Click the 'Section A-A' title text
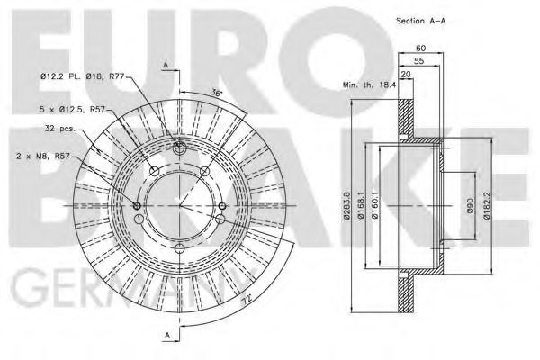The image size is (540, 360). (420, 19)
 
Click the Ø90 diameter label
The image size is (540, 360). (468, 207)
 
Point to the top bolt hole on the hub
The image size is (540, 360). (179, 148)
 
